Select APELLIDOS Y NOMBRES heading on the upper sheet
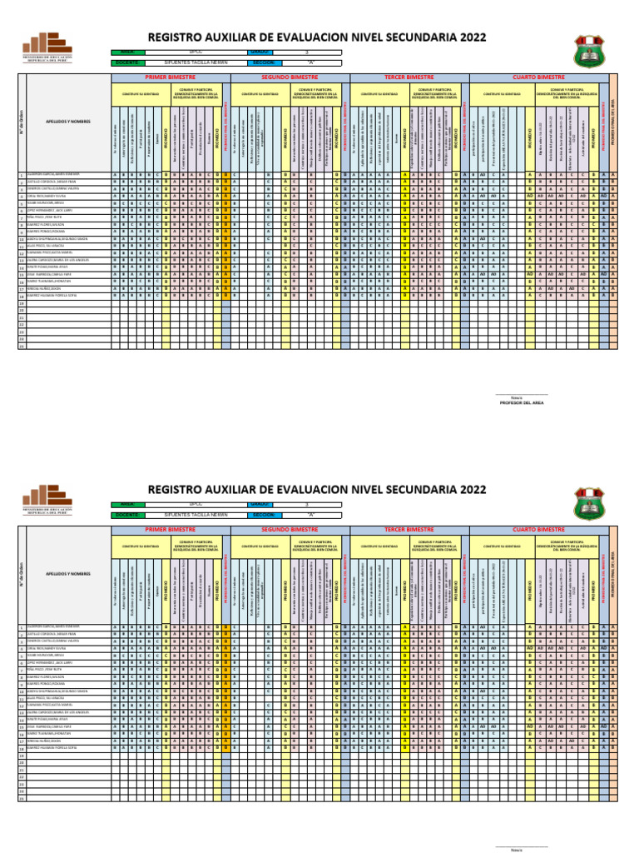[x=68, y=121]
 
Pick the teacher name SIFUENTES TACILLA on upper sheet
[x=196, y=62]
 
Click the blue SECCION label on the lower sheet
[x=264, y=515]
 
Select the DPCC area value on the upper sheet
[x=196, y=52]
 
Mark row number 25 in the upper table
[x=22, y=347]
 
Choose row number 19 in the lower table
[x=22, y=755]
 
